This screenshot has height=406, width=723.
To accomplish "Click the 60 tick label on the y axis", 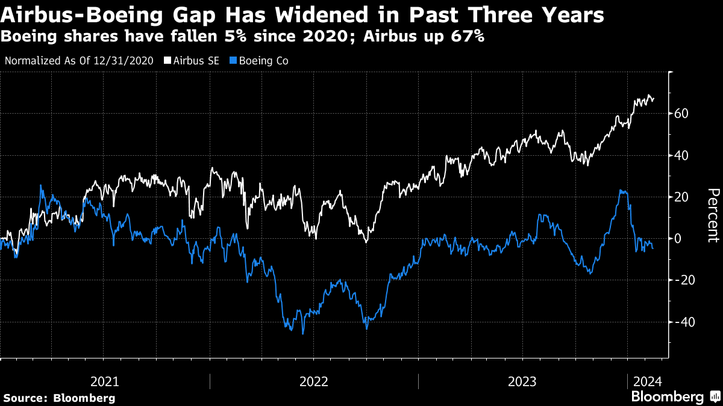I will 683,114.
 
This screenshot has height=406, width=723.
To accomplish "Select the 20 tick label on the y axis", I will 683,197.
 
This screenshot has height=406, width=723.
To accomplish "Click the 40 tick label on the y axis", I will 683,156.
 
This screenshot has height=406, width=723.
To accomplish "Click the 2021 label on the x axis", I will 104,381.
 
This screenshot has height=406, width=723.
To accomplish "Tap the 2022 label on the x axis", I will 313,381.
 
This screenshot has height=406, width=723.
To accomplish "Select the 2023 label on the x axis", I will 522,381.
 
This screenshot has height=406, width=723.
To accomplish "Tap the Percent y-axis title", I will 713,215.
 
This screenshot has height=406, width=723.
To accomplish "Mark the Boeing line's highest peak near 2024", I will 621,191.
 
